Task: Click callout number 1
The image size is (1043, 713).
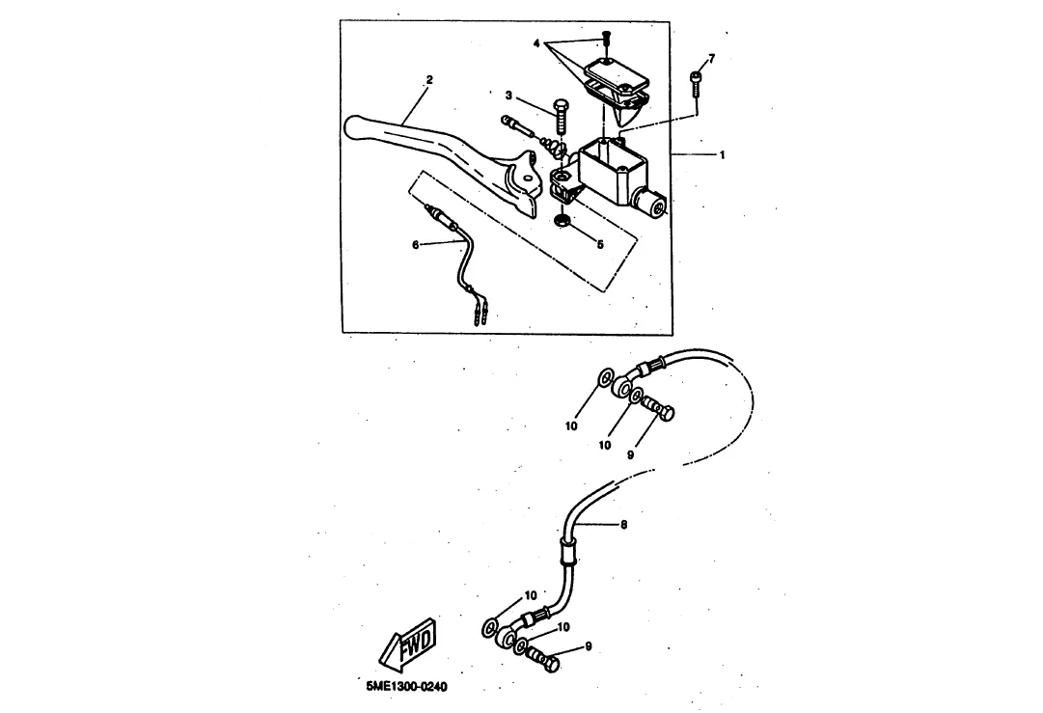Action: [722, 154]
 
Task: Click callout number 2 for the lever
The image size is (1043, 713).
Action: [429, 80]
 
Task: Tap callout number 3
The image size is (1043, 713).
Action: [508, 95]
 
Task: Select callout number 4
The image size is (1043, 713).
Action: [537, 43]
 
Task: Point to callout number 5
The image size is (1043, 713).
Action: [599, 245]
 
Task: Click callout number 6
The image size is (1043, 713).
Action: [416, 245]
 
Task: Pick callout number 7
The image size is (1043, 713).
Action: [712, 59]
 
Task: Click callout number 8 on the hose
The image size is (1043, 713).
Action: [623, 525]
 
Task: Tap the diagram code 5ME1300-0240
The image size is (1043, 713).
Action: [407, 689]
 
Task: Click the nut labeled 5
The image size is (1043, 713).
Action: [562, 225]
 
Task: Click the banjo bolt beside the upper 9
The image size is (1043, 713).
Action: [661, 410]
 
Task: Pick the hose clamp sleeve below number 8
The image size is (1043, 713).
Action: [567, 553]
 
